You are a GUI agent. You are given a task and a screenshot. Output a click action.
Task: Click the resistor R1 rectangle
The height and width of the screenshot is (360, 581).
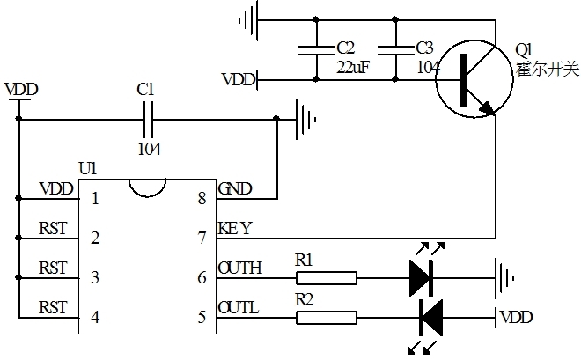[326, 279]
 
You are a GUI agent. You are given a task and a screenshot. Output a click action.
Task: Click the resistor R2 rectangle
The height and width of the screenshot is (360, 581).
[326, 315]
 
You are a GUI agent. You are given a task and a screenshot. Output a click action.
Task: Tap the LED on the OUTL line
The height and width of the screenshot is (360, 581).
[430, 315]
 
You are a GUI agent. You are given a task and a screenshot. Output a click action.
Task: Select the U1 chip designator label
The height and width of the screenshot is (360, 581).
[87, 167]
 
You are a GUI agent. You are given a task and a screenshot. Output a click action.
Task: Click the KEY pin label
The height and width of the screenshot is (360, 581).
[234, 229]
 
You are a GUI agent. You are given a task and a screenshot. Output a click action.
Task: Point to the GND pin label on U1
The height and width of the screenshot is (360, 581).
[235, 188]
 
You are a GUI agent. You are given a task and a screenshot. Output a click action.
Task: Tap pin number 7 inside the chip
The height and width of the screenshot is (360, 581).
[202, 238]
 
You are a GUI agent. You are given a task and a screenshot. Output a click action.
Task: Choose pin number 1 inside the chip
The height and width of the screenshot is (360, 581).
[95, 198]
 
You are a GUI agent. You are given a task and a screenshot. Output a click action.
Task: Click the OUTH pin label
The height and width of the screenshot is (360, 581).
[239, 268]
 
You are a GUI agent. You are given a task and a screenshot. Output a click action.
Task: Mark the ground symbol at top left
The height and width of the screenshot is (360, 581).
[252, 18]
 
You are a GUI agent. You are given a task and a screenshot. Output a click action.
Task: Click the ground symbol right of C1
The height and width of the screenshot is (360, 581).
[305, 116]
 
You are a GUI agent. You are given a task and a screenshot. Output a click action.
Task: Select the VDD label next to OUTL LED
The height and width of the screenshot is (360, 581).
[517, 316]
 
